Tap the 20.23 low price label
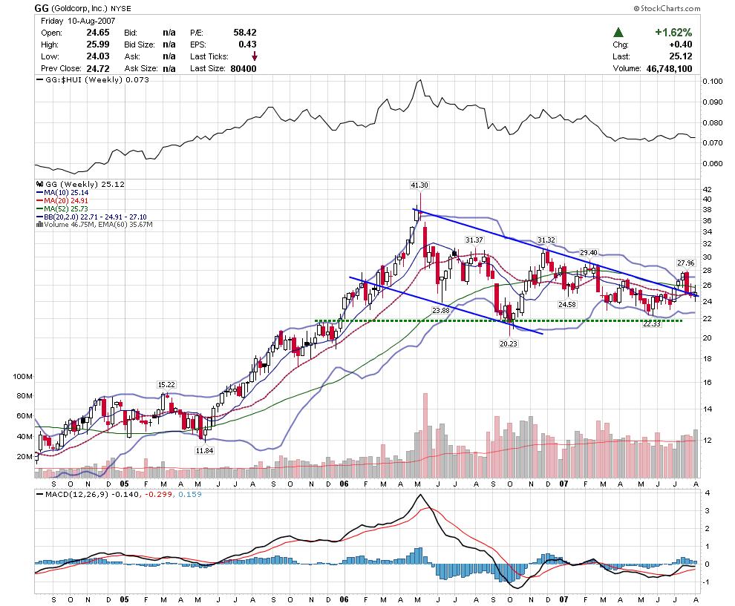(509, 343)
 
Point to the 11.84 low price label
(204, 450)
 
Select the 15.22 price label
(166, 384)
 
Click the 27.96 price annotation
(685, 263)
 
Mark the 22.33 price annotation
(651, 324)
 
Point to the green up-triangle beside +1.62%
(618, 33)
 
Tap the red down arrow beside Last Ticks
(255, 56)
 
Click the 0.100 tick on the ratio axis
(710, 81)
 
